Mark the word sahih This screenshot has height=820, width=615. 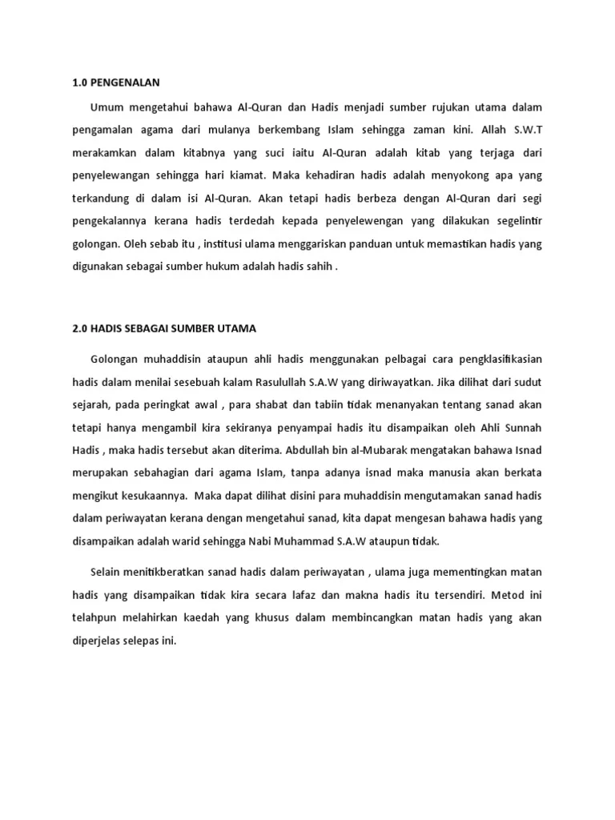(320, 263)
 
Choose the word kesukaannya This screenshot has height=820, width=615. (147, 496)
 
